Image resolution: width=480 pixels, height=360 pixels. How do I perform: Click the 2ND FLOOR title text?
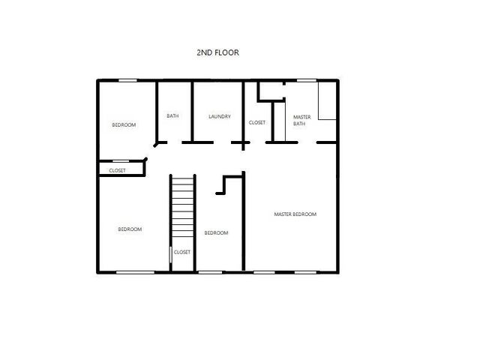pyautogui.click(x=217, y=52)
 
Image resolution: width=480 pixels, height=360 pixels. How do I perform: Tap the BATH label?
pyautogui.click(x=172, y=116)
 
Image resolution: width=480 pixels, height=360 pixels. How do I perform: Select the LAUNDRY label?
pyautogui.click(x=219, y=116)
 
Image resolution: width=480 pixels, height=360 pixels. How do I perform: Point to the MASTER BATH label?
pyautogui.click(x=301, y=120)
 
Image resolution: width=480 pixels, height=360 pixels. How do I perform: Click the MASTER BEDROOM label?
pyautogui.click(x=295, y=214)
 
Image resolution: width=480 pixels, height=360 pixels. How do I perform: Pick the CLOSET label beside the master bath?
pyautogui.click(x=256, y=122)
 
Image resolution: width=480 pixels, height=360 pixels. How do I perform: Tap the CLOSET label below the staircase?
pyautogui.click(x=182, y=252)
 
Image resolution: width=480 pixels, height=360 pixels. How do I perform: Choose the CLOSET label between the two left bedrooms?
pyautogui.click(x=118, y=171)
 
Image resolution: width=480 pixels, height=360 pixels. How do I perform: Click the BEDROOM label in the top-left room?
pyautogui.click(x=124, y=124)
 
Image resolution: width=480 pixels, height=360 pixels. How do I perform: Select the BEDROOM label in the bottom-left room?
pyautogui.click(x=130, y=229)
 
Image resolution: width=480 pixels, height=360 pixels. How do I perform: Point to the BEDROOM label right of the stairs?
pyautogui.click(x=216, y=233)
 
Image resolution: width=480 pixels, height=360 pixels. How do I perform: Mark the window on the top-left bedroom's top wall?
pyautogui.click(x=127, y=80)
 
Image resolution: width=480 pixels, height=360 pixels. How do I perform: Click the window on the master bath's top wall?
pyautogui.click(x=305, y=80)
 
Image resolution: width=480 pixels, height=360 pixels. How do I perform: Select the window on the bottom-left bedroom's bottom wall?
pyautogui.click(x=135, y=271)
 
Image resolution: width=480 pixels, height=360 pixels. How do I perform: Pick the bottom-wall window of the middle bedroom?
pyautogui.click(x=210, y=271)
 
